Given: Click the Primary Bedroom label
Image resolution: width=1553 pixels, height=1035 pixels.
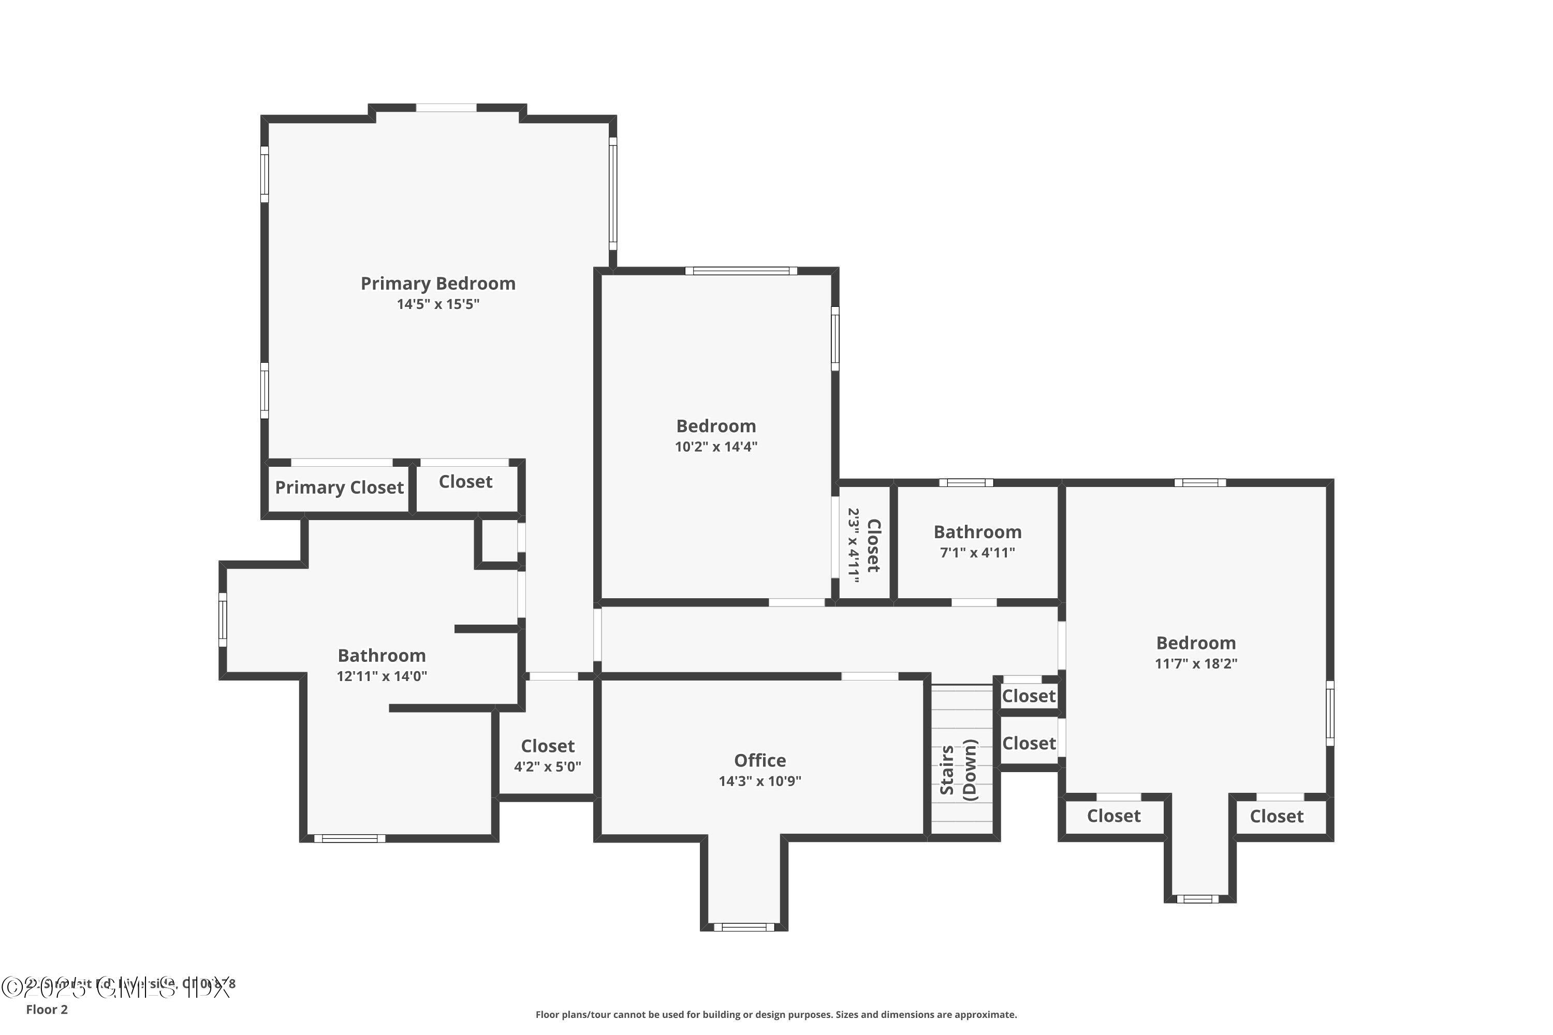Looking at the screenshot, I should [x=438, y=284].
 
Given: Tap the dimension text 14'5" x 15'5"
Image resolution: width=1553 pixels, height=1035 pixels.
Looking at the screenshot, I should [x=438, y=304].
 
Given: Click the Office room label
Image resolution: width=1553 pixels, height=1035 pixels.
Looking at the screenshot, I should [x=760, y=760].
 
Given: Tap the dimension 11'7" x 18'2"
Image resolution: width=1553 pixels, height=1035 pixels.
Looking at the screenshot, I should [x=1196, y=664].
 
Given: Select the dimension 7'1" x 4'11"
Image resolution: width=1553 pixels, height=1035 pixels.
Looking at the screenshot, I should [x=977, y=553].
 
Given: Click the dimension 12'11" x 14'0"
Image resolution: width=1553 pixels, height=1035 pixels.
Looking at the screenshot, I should [x=382, y=676].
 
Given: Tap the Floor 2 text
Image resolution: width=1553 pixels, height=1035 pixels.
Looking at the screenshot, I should [x=47, y=1009].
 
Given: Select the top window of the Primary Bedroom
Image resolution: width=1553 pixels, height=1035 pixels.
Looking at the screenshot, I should [x=446, y=108].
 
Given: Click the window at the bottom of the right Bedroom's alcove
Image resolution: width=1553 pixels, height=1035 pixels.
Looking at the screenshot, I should [x=1198, y=898].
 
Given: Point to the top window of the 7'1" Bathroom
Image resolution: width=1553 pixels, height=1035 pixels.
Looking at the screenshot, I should [x=966, y=482].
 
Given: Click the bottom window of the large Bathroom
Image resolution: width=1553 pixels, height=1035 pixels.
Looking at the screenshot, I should [x=349, y=838].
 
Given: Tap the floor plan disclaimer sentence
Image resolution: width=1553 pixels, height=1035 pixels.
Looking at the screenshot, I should [x=776, y=1014].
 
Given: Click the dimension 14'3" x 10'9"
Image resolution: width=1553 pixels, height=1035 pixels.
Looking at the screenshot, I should [x=760, y=781].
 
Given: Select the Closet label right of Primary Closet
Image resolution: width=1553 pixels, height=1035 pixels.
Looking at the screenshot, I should [x=465, y=482].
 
